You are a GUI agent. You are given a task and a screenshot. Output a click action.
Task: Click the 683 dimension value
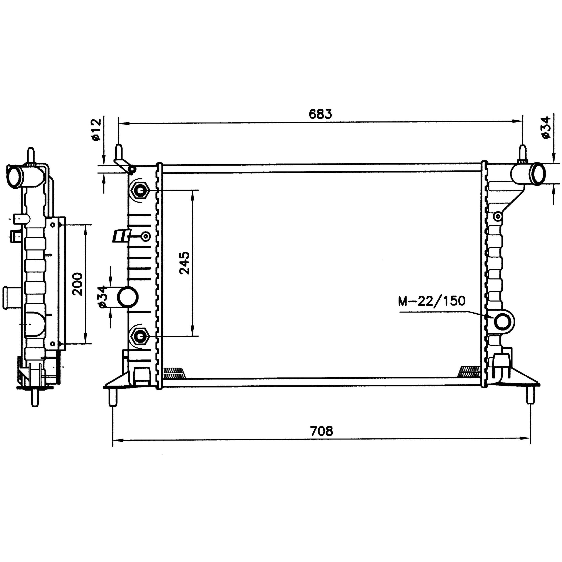(x=320, y=114)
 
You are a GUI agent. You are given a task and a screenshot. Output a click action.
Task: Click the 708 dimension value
(x=321, y=431)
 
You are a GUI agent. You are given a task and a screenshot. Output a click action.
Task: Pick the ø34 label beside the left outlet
(x=102, y=297)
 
